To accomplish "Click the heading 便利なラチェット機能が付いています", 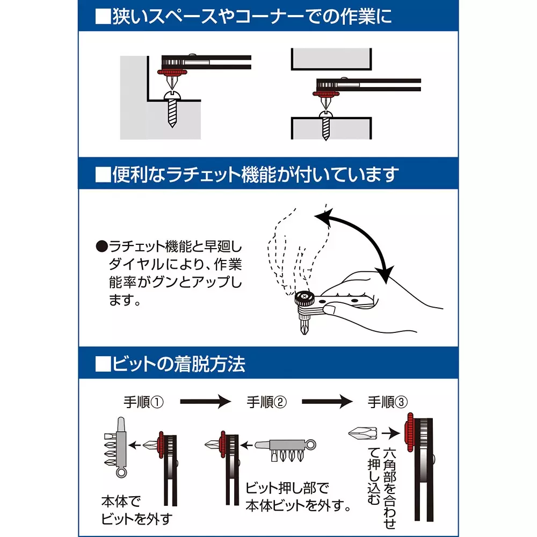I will (x=246, y=175).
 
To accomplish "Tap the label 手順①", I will (x=143, y=402).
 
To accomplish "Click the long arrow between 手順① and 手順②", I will (x=205, y=402).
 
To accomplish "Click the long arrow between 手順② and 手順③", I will (x=328, y=402).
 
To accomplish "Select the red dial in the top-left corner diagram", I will (x=171, y=71).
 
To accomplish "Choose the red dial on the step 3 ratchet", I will (x=410, y=432).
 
